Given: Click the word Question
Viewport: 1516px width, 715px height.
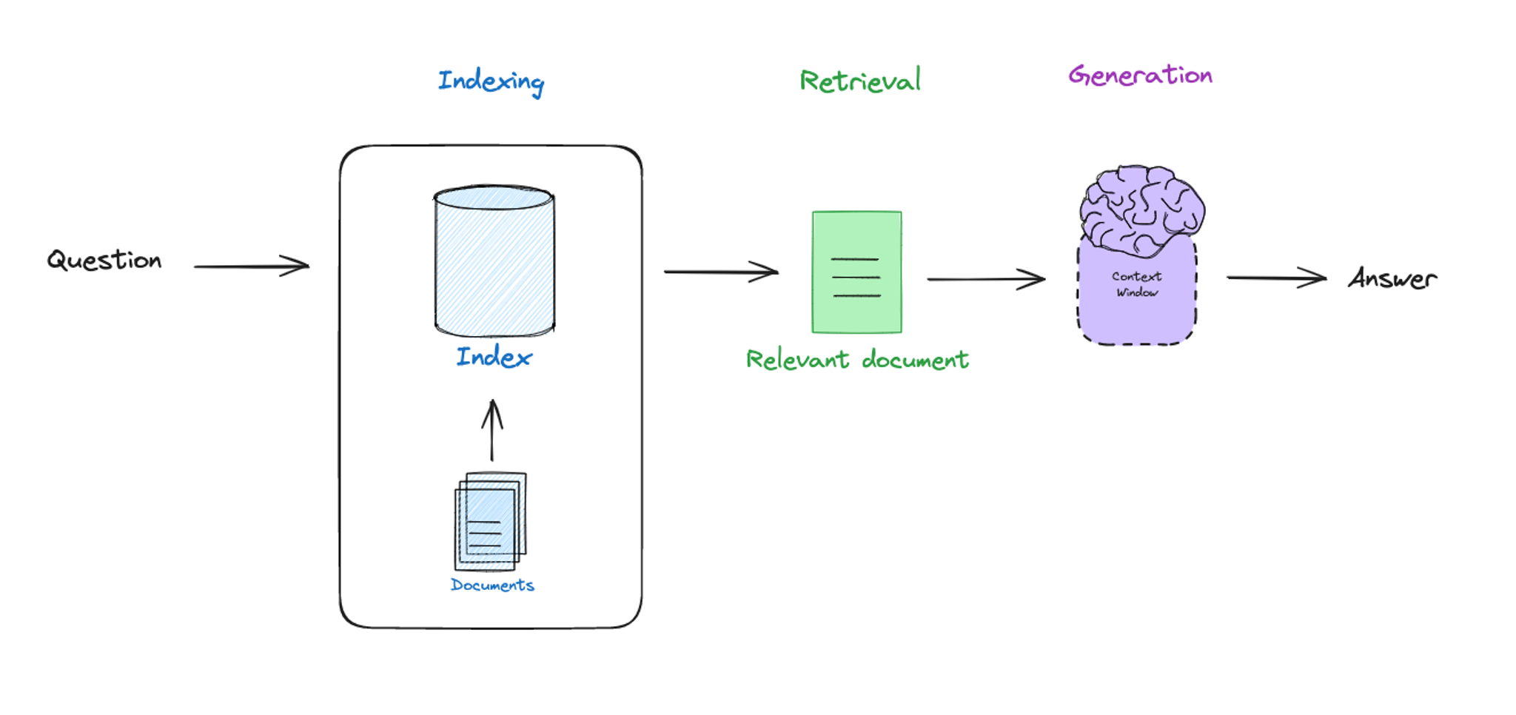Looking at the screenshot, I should [104, 261].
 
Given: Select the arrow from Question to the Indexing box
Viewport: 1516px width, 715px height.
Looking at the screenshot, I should [252, 266].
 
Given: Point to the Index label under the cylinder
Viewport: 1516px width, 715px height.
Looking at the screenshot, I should [494, 357].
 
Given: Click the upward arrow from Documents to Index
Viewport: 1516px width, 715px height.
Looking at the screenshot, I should [492, 431].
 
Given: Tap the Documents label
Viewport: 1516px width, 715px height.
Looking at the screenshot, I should [492, 585].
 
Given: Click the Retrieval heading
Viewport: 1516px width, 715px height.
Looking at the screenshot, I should [860, 81].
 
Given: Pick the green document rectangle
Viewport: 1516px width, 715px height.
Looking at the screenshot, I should [856, 272].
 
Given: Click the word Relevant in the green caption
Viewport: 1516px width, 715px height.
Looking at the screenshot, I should [797, 360].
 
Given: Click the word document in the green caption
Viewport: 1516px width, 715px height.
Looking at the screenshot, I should [916, 360].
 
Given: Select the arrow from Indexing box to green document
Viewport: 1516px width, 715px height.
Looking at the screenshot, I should [721, 272].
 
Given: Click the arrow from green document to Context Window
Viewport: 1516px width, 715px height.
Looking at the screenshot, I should [986, 279].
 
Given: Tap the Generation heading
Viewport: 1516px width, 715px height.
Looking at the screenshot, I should [1140, 75].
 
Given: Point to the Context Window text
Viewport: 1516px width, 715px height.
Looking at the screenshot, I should [1137, 284].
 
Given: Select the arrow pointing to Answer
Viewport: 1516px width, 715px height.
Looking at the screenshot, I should [1276, 278].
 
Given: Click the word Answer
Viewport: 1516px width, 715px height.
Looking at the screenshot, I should [1392, 279].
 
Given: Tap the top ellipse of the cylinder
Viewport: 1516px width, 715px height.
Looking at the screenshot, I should [494, 198].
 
